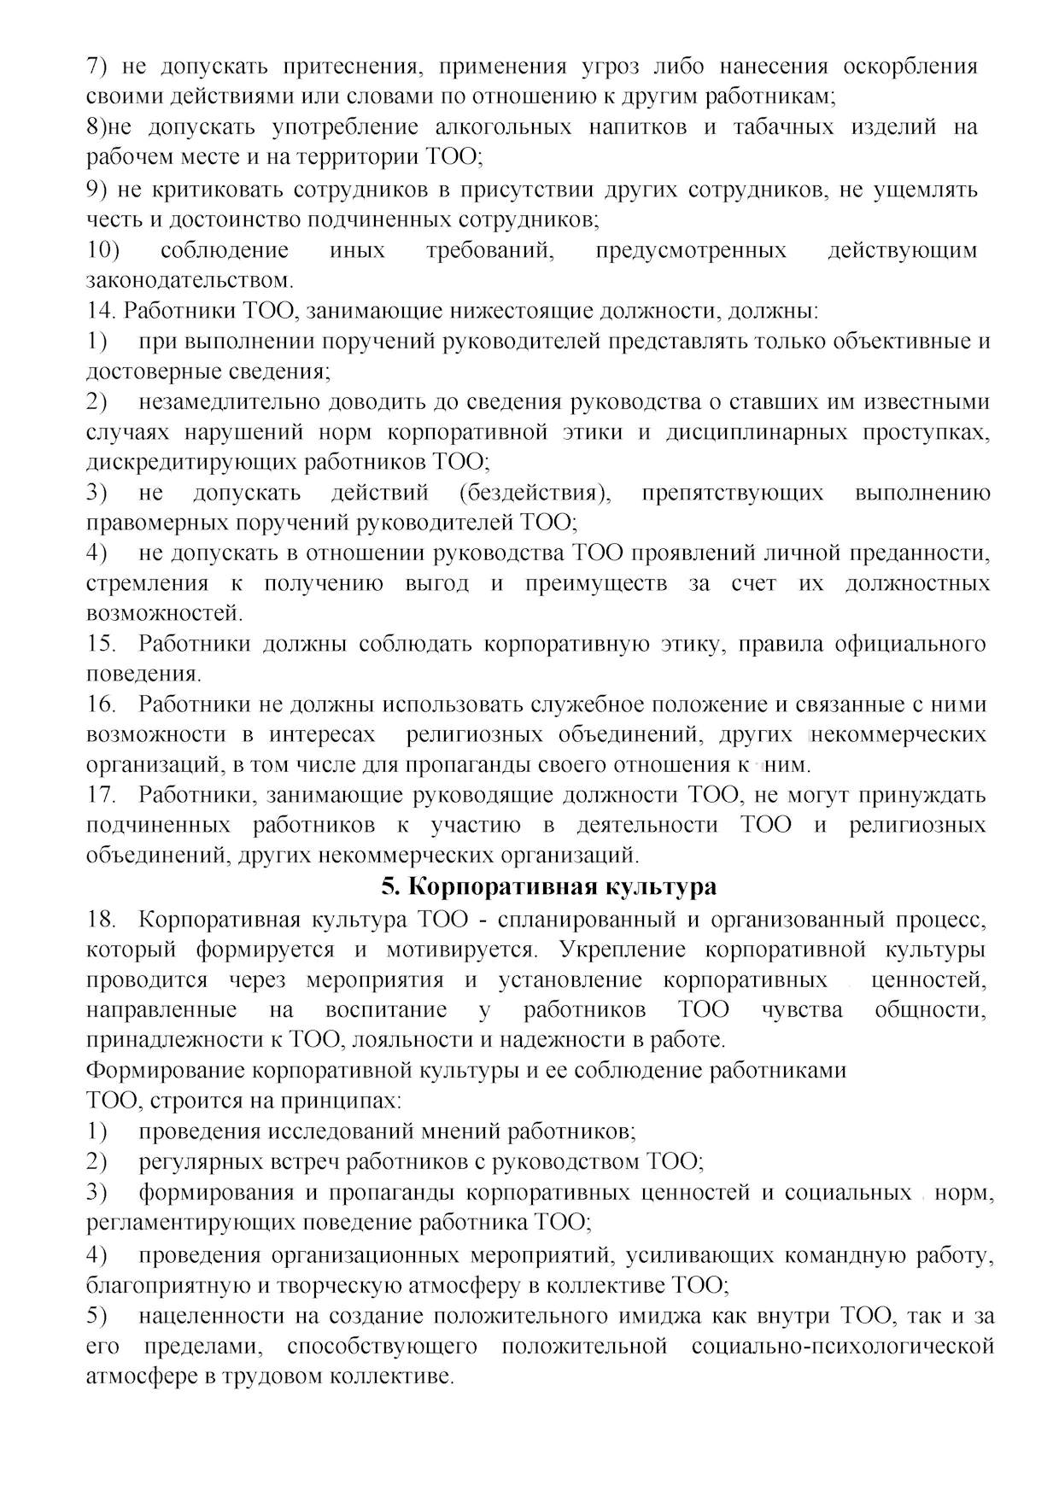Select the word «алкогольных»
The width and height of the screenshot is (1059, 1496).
coord(503,128)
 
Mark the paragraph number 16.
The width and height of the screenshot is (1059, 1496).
coord(101,704)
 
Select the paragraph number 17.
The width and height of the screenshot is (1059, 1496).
coord(101,795)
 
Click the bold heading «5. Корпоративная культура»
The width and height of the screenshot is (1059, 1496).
coord(548,887)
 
